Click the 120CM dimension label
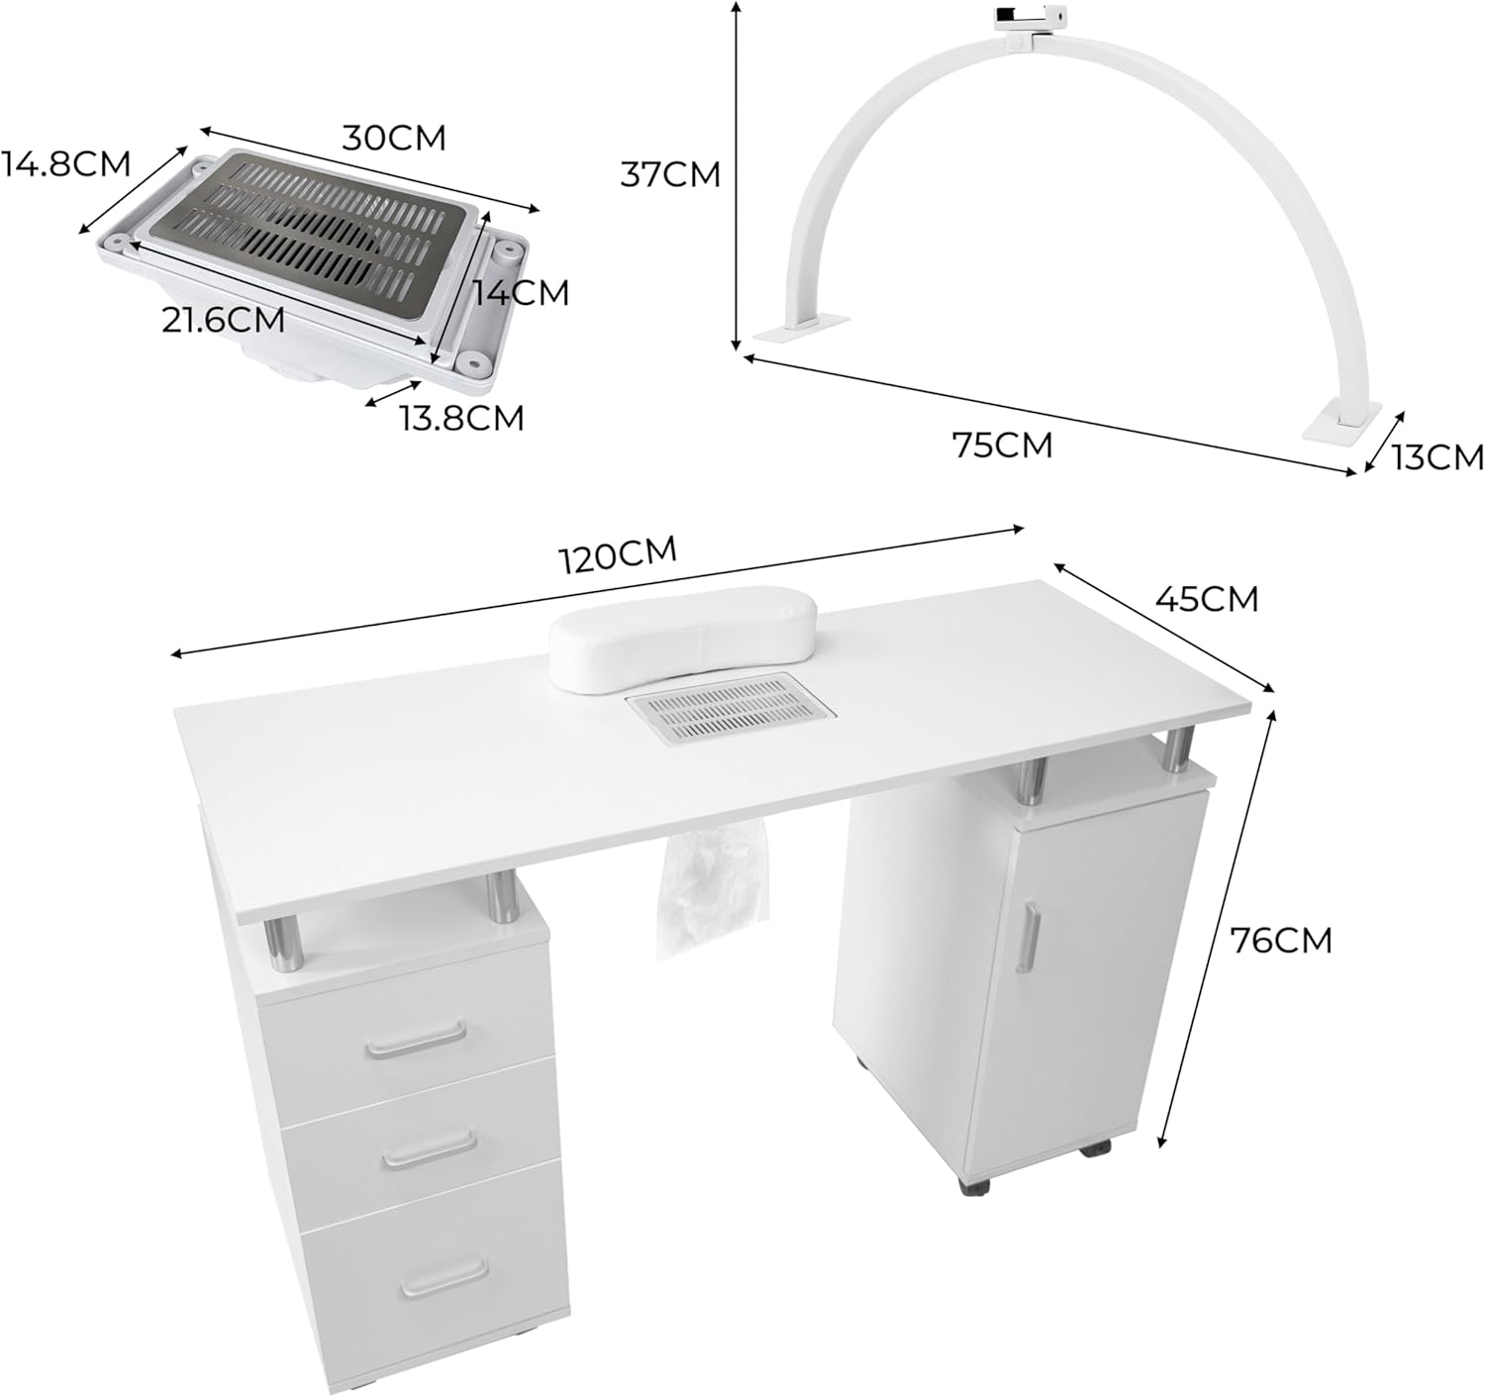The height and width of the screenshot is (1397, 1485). tap(620, 554)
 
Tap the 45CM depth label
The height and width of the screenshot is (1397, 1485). tap(1208, 599)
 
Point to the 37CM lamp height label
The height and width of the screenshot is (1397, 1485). tap(670, 175)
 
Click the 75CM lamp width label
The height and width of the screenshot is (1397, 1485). tap(1003, 445)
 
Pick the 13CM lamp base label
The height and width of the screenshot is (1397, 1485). tap(1437, 457)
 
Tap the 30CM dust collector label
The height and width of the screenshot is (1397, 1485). tap(394, 138)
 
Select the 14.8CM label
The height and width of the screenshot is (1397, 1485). tap(65, 163)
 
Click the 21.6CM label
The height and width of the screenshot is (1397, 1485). tap(224, 320)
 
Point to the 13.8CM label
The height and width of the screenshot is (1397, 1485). tap(462, 418)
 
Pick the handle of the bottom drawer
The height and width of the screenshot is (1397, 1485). tap(445, 1278)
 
